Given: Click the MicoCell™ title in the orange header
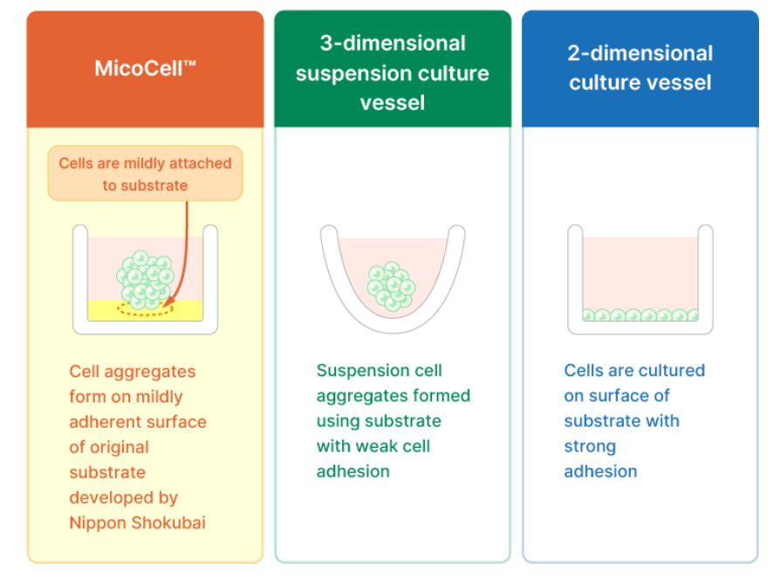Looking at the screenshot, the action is [145, 68].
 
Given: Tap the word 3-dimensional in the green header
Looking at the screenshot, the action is [393, 44].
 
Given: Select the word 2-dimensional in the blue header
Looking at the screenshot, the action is [640, 53].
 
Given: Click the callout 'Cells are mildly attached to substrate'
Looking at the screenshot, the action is [145, 173].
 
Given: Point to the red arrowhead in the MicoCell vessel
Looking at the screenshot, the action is [168, 301].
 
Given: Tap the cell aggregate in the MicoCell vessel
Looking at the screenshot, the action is [145, 279].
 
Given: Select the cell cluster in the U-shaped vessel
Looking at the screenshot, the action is [392, 286].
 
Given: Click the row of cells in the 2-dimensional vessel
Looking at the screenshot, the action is [640, 314].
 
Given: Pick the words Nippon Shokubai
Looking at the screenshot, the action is [137, 523].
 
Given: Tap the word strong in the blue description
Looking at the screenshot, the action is [590, 447].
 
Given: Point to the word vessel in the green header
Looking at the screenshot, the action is [393, 103].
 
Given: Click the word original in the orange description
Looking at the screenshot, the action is [119, 447].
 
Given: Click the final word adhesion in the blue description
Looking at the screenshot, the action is [600, 471].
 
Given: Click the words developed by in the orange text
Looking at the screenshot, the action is [123, 498].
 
